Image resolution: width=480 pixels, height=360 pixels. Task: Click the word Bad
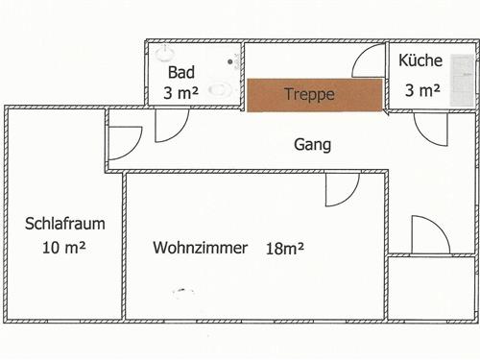(181, 72)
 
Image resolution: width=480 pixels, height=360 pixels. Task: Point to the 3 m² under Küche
(422, 91)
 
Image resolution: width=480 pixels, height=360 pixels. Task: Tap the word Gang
(313, 145)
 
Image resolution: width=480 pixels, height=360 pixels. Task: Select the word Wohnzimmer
(200, 247)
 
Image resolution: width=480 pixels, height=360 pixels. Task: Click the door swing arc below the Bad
(171, 125)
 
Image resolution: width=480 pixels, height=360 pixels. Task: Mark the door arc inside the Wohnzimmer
(341, 189)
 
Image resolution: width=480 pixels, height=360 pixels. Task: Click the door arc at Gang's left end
(125, 142)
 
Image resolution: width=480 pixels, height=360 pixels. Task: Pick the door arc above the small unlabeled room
(429, 235)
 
